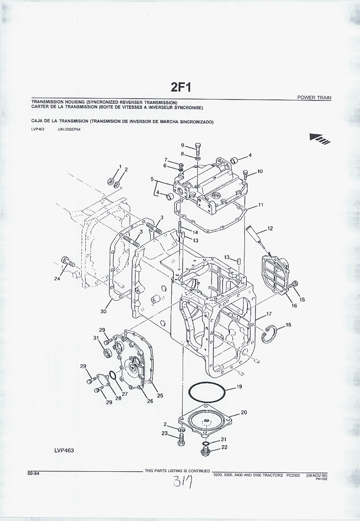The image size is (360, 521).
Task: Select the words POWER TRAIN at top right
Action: pos(314,98)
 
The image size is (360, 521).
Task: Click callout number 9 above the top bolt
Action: pos(182,145)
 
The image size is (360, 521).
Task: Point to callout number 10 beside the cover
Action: pos(260,171)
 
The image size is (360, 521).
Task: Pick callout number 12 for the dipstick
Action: pos(270,229)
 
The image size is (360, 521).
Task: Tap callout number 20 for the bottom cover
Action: pos(244,413)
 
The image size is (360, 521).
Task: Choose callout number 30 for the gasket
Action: pos(103,311)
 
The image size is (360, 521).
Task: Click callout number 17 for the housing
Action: pos(269,314)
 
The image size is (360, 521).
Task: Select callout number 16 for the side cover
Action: pos(294,306)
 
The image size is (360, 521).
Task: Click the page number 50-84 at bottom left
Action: pos(34,473)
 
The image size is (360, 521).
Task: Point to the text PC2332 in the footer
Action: pos(293,475)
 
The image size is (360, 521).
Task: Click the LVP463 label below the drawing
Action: pos(64,450)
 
